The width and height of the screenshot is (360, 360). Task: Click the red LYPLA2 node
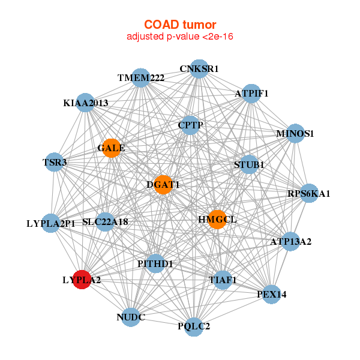point(82,280)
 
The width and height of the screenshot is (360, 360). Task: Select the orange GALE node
point(112,148)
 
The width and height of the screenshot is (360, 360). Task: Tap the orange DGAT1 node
point(163,185)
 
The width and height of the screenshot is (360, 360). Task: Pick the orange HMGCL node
point(217,220)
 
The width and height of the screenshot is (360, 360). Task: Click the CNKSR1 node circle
point(199,69)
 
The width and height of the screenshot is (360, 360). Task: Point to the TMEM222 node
point(141,79)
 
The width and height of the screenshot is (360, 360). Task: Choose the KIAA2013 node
point(85,103)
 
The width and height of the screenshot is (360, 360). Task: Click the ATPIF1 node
point(251,94)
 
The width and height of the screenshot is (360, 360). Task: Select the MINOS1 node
point(295,133)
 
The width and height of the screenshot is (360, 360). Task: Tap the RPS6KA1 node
point(308,193)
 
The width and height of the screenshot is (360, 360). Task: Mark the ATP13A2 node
point(290,242)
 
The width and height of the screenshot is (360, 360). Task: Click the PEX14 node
point(271,294)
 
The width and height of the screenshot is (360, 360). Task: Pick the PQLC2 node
point(193,326)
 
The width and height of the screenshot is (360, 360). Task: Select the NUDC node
point(131,316)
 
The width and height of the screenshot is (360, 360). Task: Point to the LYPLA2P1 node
point(52,223)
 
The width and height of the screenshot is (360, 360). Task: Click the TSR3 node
point(55,162)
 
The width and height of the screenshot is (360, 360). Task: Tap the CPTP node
point(191,125)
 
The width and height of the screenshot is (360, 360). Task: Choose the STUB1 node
point(249,164)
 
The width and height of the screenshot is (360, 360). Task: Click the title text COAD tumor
point(180,25)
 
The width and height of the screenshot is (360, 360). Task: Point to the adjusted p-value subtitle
point(180,37)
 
